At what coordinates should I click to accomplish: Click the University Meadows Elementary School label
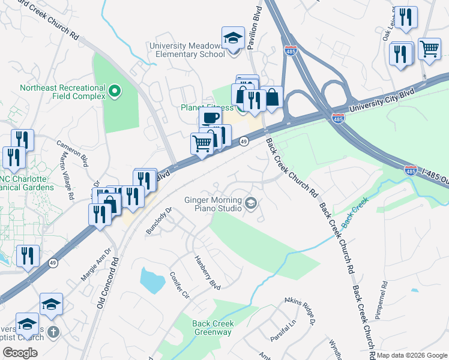(x=187, y=49)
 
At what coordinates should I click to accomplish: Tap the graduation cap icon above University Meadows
(x=233, y=38)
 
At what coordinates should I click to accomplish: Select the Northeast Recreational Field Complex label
(x=62, y=92)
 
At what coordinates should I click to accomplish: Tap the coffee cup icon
(x=209, y=118)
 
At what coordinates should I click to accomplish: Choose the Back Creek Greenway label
(x=213, y=328)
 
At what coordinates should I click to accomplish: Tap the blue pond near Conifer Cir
(x=151, y=278)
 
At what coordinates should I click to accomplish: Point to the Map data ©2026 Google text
(x=412, y=355)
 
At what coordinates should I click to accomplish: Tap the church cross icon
(x=53, y=332)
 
